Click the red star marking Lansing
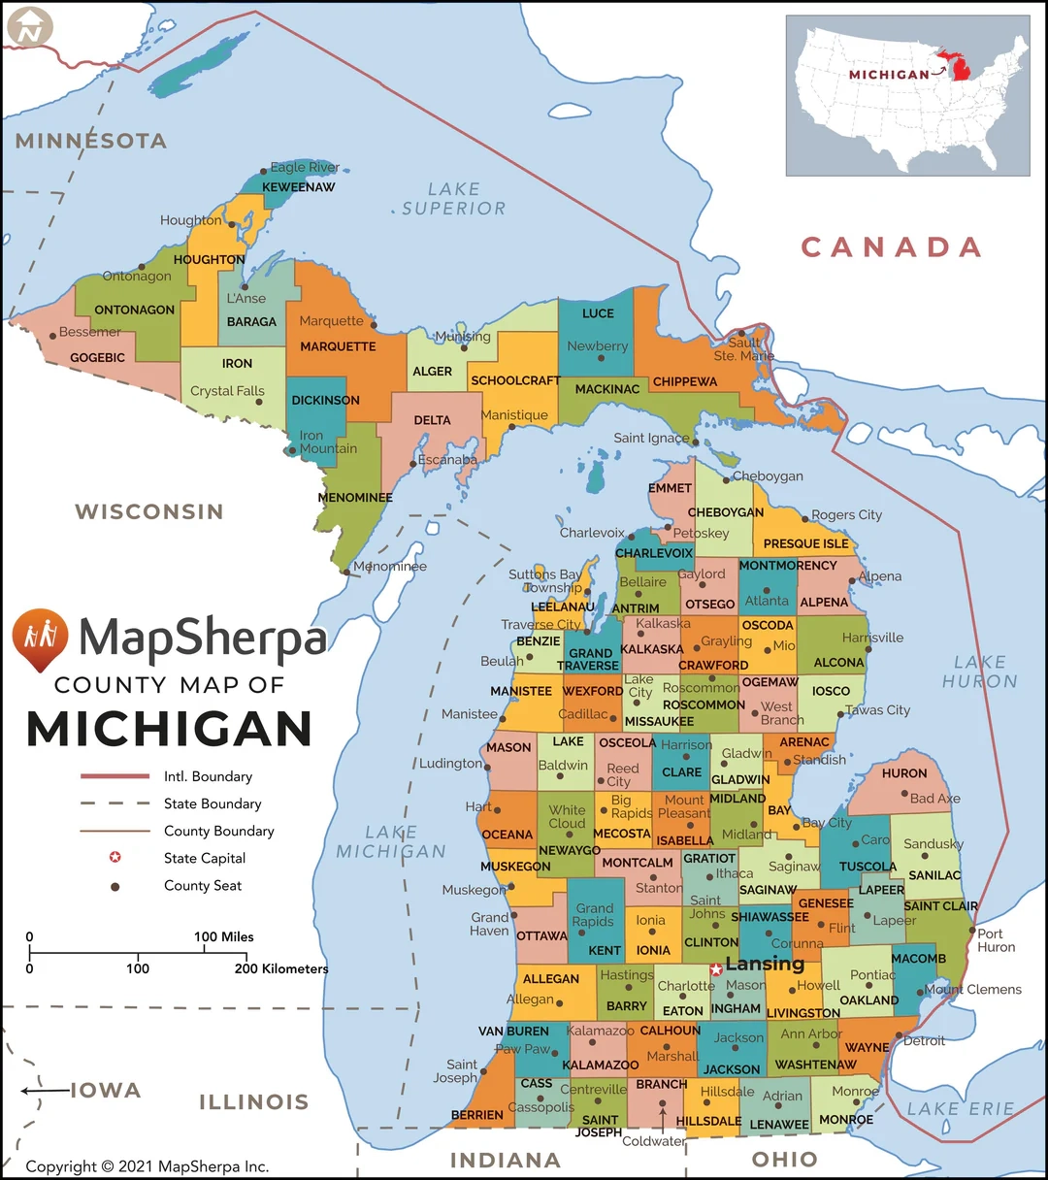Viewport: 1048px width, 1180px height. (x=716, y=969)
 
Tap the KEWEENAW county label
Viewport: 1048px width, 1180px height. (x=298, y=187)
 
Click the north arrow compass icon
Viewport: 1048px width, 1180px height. (x=29, y=28)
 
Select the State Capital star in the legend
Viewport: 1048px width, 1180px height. (x=115, y=857)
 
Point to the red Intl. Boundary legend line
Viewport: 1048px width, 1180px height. (x=115, y=776)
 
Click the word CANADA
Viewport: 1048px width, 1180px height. (x=891, y=247)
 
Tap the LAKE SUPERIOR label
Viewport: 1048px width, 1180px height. (x=453, y=199)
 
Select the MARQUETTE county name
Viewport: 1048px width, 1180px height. (x=338, y=346)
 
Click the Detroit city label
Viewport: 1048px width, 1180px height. (x=924, y=1040)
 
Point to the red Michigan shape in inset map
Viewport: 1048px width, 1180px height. (x=961, y=69)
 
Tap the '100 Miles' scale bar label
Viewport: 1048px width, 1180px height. (x=223, y=936)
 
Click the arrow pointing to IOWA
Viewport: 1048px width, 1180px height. (x=44, y=1091)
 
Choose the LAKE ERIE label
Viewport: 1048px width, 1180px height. (x=961, y=1108)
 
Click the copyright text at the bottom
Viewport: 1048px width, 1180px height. (x=147, y=1166)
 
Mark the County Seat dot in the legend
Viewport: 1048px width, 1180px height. (x=115, y=885)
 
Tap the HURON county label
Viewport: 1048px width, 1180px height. (x=904, y=773)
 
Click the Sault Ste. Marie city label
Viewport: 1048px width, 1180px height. (x=744, y=349)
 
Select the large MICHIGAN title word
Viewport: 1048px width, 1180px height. (x=170, y=730)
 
